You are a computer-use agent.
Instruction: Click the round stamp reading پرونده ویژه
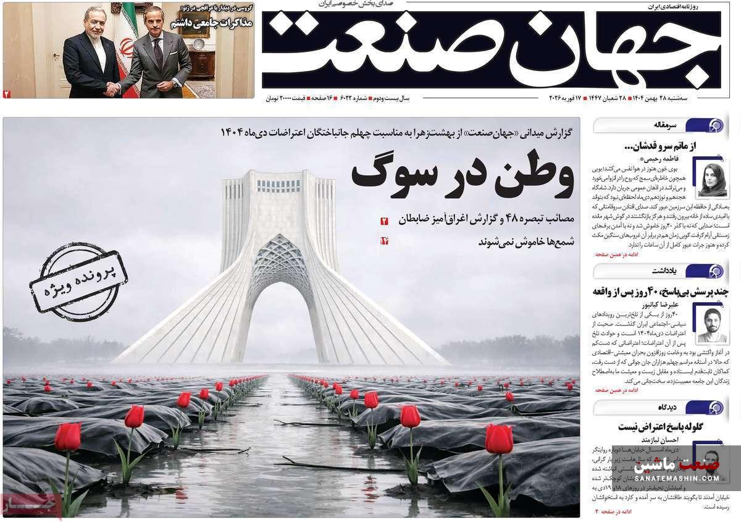click(78, 282)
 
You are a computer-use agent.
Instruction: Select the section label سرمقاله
click(664, 125)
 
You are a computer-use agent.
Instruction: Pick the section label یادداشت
click(664, 271)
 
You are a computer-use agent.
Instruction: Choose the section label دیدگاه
click(667, 407)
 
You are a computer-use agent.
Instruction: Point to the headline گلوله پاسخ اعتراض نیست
click(661, 427)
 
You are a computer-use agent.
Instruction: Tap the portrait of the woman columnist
click(712, 179)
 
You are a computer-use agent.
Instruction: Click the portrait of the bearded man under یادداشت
click(711, 323)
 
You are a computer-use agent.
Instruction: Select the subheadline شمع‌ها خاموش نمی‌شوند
click(526, 242)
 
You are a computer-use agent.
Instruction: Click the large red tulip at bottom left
click(67, 437)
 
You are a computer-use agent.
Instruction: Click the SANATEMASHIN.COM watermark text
click(677, 478)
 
